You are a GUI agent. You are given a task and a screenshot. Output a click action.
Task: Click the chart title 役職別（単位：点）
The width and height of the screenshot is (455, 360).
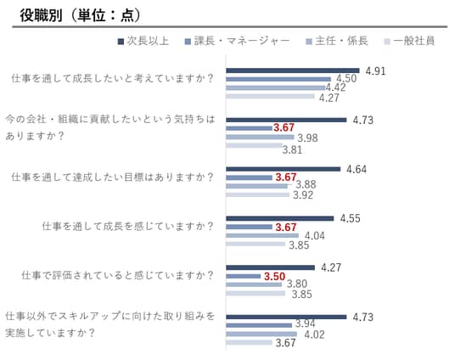point(80,15)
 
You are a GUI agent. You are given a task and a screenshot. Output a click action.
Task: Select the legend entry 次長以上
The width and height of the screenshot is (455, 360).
point(143,41)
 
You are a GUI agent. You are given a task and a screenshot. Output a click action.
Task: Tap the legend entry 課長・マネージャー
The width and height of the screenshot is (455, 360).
point(237,41)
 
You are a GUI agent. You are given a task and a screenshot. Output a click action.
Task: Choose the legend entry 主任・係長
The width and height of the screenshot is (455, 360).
point(337,41)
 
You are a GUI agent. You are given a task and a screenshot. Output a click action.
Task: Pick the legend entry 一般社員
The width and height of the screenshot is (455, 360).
point(409,41)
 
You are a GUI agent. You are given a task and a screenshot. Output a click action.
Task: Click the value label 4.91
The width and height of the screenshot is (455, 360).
point(375,71)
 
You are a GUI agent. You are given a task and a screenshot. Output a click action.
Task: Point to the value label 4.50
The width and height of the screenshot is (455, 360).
point(346,78)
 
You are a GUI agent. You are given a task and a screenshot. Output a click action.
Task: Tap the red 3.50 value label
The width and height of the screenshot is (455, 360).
point(274,277)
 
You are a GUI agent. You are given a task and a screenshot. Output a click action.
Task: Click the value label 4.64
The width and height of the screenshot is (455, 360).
point(357,169)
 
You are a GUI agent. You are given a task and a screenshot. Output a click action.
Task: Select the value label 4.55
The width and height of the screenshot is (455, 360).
point(350,218)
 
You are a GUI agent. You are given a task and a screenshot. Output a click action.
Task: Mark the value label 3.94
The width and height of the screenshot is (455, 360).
point(306,323)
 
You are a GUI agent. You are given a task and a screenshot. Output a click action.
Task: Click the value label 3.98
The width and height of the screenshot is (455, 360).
point(307,138)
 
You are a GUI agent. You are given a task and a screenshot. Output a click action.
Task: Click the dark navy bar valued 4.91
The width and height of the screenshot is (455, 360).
point(293,70)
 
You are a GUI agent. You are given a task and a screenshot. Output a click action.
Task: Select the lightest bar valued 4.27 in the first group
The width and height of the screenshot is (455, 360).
point(270,97)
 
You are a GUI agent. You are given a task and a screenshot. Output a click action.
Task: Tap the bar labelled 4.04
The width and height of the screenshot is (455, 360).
point(262,235)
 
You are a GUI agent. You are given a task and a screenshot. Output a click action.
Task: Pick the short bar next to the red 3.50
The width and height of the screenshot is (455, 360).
point(244,276)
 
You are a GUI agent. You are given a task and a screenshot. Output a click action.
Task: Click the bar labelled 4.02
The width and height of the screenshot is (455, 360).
point(261,335)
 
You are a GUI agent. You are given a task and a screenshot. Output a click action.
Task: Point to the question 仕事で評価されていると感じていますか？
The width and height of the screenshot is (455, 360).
point(117,275)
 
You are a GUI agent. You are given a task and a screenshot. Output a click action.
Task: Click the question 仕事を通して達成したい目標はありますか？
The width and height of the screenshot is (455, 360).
point(113,177)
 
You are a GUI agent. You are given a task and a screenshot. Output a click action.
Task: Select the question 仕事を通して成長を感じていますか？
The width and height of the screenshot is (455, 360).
point(128,226)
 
